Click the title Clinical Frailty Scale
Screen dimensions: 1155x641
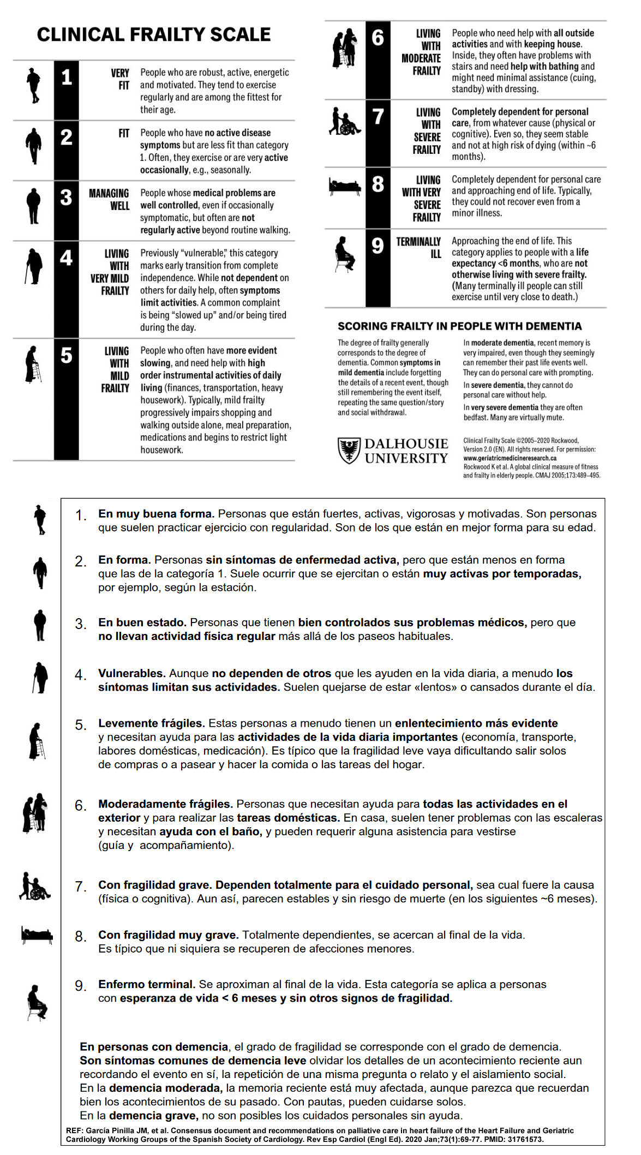[x=153, y=35]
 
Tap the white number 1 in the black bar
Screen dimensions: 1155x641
[x=67, y=77]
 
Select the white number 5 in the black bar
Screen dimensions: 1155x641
[x=67, y=356]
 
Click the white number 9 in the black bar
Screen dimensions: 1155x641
[x=378, y=246]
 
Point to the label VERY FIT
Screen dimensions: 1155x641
[x=120, y=79]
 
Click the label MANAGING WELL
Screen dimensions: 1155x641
[x=109, y=200]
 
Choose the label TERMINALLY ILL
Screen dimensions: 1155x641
[x=418, y=248]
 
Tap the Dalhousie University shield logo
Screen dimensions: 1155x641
[x=349, y=451]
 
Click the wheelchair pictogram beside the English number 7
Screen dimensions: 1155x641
[x=345, y=121]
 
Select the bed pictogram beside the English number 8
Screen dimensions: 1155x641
[x=345, y=187]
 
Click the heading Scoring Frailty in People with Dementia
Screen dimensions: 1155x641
[x=459, y=326]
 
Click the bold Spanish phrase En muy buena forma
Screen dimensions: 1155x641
[x=156, y=514]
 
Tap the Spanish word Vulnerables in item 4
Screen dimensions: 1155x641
[x=131, y=673]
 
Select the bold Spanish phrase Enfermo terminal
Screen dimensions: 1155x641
[x=147, y=984]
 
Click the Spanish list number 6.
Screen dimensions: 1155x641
[x=80, y=806]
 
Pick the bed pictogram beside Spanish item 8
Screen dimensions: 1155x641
[x=37, y=935]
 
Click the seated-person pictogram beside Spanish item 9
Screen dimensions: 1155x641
[x=37, y=1002]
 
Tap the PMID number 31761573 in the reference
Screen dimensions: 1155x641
[x=526, y=1140]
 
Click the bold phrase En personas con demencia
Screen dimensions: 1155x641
[x=154, y=1046]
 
